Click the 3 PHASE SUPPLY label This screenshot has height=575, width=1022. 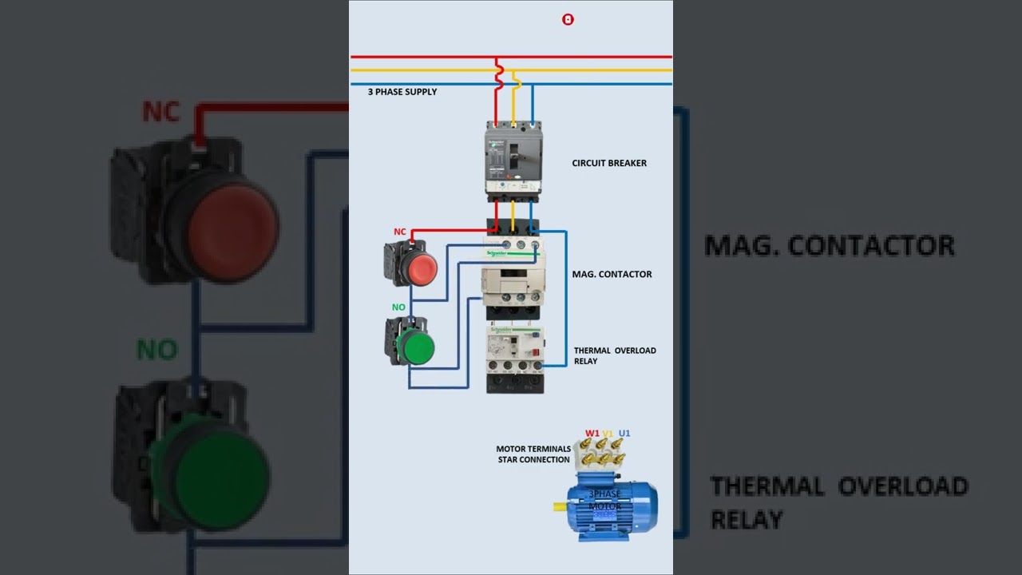402,92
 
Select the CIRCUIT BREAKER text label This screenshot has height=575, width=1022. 608,163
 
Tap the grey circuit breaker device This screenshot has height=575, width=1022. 513,160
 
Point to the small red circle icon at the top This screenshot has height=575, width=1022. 568,19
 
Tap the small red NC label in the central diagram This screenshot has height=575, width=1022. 399,232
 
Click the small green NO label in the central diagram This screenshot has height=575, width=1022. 398,307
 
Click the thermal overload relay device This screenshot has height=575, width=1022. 515,359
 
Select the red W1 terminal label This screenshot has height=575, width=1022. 592,434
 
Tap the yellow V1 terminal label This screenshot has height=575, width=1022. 608,434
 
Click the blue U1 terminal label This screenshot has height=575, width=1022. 624,434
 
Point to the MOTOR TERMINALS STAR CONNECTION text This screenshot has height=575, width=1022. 533,454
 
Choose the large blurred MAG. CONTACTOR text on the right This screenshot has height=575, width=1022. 830,245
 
